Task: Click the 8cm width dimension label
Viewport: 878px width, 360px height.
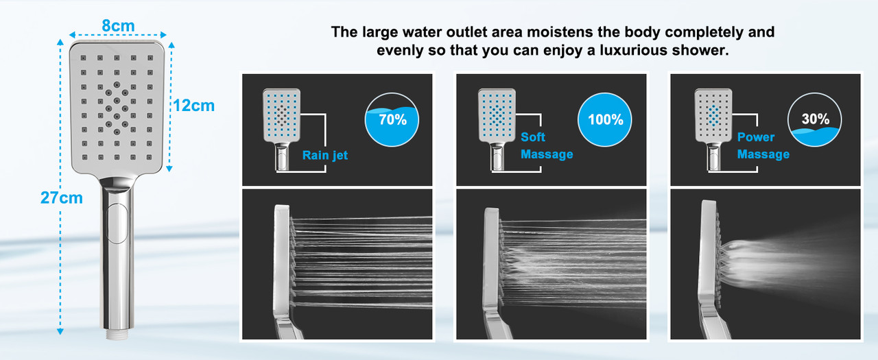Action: (118, 26)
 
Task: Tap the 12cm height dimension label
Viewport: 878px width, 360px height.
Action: (193, 106)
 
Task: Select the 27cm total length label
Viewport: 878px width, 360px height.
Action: (62, 197)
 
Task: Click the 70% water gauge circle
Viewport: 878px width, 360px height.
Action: (392, 119)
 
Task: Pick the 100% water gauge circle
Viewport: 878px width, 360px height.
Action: (605, 119)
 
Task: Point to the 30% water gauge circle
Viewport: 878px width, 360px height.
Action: (814, 119)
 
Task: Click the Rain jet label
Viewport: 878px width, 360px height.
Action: (325, 155)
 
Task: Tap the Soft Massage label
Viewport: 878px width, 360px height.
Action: (547, 145)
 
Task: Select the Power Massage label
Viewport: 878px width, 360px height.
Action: (763, 145)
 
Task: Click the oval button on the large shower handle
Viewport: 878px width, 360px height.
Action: (117, 224)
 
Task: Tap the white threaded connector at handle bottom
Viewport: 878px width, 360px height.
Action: (117, 334)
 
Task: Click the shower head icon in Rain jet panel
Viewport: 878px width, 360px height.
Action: (282, 130)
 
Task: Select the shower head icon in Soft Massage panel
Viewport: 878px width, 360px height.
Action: (497, 130)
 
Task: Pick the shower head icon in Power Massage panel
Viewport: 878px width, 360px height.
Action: (713, 130)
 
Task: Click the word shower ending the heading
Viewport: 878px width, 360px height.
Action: (700, 50)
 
